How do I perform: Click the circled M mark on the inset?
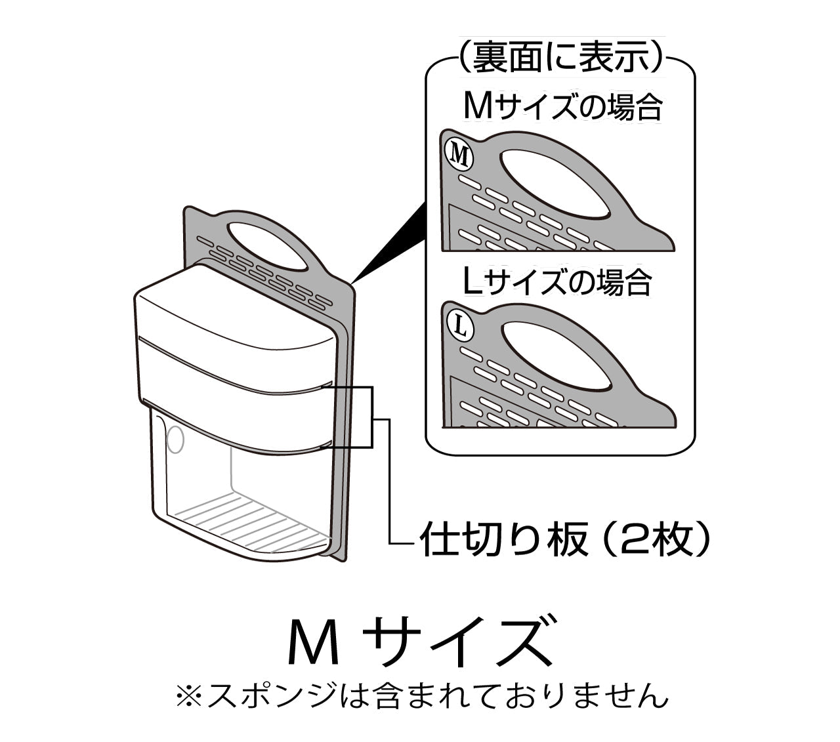[459, 155]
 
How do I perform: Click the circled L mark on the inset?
[460, 327]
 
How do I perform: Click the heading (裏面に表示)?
[560, 57]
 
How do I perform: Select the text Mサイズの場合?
[562, 107]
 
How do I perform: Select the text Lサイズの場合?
[557, 281]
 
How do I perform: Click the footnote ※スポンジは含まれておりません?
[421, 695]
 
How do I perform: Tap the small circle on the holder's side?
[175, 439]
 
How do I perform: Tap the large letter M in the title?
[314, 640]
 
